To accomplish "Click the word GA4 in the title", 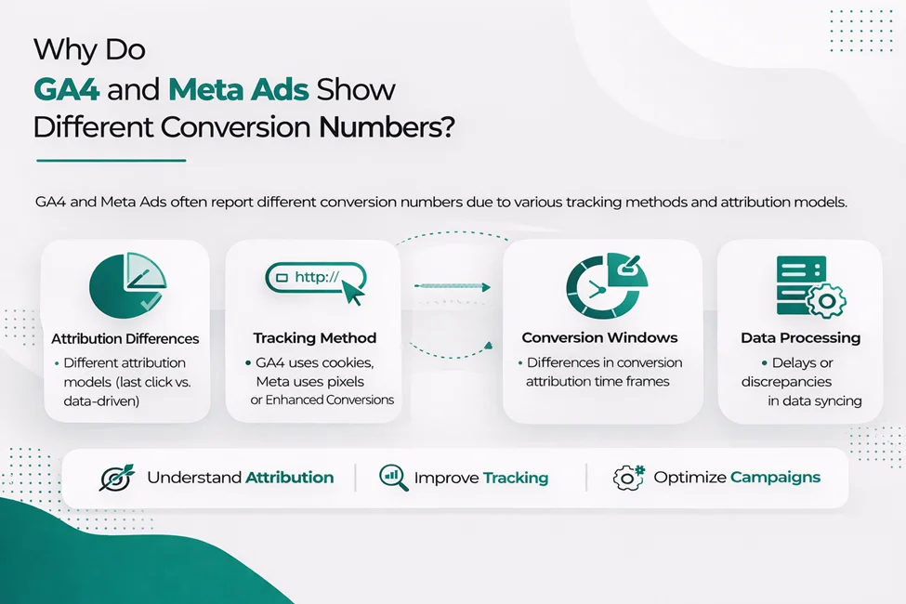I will click(x=68, y=90).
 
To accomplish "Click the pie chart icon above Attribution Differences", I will click(x=126, y=286).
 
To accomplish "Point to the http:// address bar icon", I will click(x=316, y=279).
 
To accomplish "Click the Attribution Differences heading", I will click(x=125, y=338).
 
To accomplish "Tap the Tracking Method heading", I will click(x=314, y=338).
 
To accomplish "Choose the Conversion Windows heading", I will click(x=599, y=337).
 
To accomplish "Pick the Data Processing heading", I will click(x=800, y=337).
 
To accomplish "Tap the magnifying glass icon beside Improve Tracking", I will click(x=393, y=478).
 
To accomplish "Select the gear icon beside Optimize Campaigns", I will click(x=629, y=478).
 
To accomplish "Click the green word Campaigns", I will click(x=775, y=478).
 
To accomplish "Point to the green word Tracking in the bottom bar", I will click(x=515, y=478).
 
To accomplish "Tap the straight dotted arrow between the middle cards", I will click(x=452, y=287).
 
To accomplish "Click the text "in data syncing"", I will click(x=815, y=400).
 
